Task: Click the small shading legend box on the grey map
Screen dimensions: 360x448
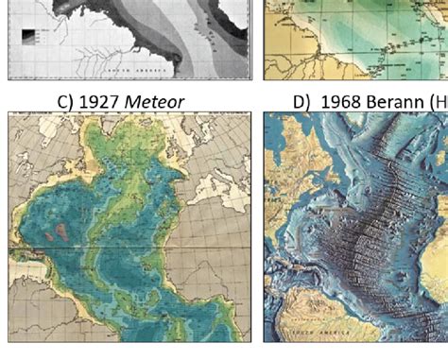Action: point(30,38)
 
